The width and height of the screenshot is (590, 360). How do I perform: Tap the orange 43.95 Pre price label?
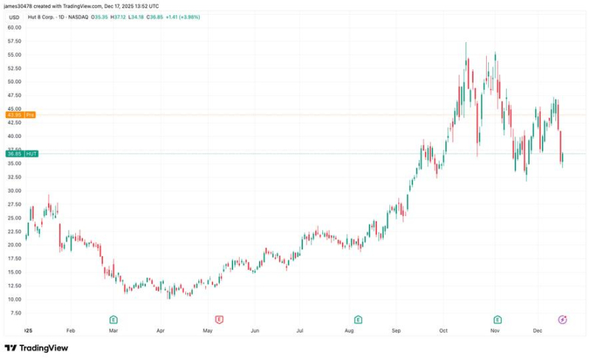click(18, 115)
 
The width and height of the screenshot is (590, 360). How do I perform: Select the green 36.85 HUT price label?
click(18, 153)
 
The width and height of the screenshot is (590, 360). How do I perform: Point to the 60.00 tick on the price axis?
click(14, 27)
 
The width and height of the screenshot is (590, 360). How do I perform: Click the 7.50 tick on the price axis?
click(14, 313)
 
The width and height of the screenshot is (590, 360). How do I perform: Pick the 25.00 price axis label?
click(14, 218)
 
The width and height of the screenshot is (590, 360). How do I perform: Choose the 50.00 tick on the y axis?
click(14, 82)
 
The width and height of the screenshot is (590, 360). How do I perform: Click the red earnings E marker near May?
click(219, 319)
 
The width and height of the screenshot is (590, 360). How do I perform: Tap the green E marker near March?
click(114, 319)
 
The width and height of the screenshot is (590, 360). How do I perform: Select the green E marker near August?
click(358, 319)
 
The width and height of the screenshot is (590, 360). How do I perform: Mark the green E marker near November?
click(498, 319)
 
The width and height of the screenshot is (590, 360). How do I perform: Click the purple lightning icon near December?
click(563, 319)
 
